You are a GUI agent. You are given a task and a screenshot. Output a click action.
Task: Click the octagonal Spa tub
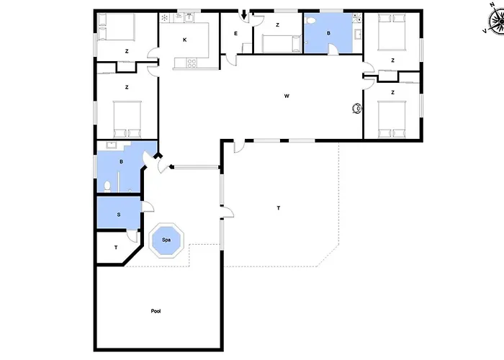pos(166,240)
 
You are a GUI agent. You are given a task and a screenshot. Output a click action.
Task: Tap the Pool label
pos(156,311)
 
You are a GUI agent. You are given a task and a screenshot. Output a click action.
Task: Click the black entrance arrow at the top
pos(244,14)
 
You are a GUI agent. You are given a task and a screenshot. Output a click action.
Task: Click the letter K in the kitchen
pos(185,40)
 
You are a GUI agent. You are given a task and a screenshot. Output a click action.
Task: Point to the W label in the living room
pos(287,96)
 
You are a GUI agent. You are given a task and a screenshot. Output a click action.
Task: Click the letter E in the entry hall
pos(235,33)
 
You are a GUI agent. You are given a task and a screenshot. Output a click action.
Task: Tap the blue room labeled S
pos(119,212)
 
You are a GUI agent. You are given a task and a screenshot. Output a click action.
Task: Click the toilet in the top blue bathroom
pos(311,21)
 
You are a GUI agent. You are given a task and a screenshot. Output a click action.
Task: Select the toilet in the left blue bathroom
pos(107,186)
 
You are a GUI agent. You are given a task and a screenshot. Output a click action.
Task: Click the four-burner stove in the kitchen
pos(192,63)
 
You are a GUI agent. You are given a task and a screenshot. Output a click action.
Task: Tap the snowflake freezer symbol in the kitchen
pos(165,18)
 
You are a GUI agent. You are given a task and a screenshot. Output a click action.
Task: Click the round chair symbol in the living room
pos(357,109)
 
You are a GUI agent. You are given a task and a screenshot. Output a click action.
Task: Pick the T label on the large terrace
pos(279,208)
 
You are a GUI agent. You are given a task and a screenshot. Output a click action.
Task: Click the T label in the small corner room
pos(116,248)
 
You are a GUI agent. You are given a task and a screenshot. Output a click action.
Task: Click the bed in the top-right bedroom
pos(392,32)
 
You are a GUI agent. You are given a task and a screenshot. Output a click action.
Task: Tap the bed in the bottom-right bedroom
pos(392,120)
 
